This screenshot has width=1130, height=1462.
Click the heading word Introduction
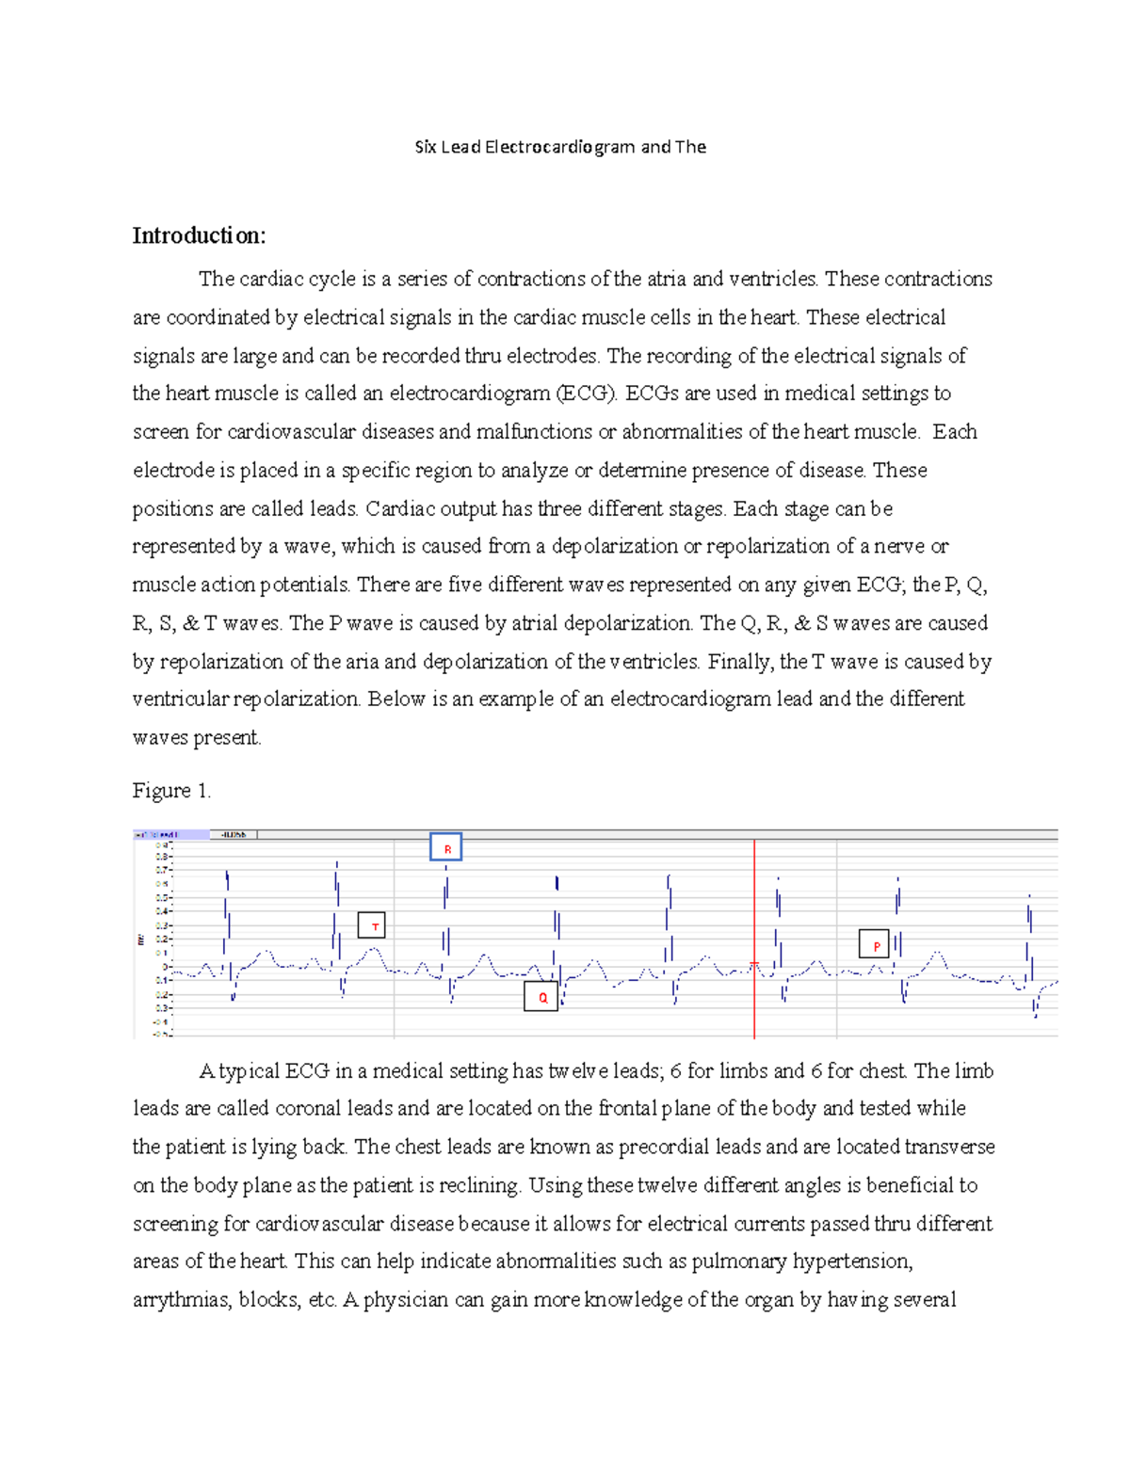(x=199, y=235)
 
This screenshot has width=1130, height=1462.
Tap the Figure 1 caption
(x=171, y=791)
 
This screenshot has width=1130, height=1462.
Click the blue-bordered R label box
(x=446, y=848)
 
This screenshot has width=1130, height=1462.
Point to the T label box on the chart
(x=373, y=926)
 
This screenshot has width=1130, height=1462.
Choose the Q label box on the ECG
(x=541, y=997)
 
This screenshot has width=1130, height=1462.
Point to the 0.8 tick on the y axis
(x=162, y=857)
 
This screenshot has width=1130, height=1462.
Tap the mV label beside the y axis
(x=140, y=940)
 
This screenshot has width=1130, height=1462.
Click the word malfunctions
(x=534, y=432)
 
